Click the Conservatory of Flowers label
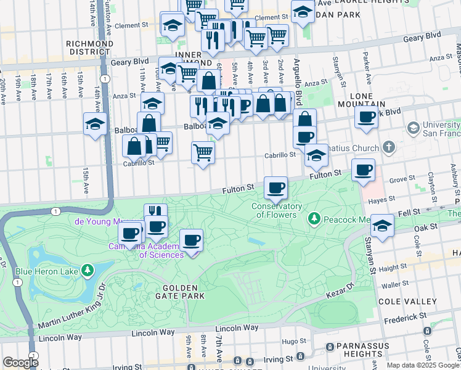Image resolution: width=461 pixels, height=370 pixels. tap(277, 210)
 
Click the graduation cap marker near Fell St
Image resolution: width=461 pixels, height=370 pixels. tap(382, 225)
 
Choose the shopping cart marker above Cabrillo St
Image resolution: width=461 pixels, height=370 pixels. tap(203, 151)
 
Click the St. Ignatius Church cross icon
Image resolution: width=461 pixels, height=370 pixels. tap(388, 147)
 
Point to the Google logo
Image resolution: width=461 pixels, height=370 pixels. tap(20, 363)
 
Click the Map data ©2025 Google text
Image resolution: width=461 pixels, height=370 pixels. tap(423, 365)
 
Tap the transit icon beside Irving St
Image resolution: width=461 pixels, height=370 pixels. tap(300, 356)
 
